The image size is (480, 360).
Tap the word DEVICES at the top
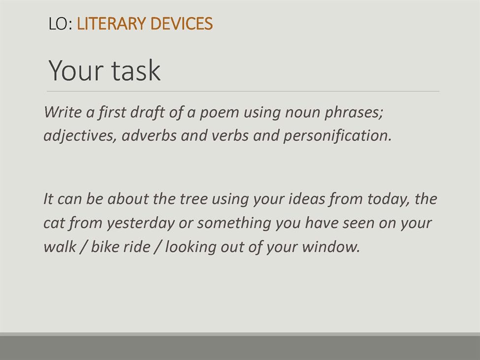pos(182,24)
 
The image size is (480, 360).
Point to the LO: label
pos(60,24)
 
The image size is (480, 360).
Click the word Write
pos(63,112)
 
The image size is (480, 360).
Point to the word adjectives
pos(80,136)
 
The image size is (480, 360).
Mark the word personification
pos(337,136)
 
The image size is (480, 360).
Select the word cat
pos(54,224)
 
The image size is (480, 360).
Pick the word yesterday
pos(140,224)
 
